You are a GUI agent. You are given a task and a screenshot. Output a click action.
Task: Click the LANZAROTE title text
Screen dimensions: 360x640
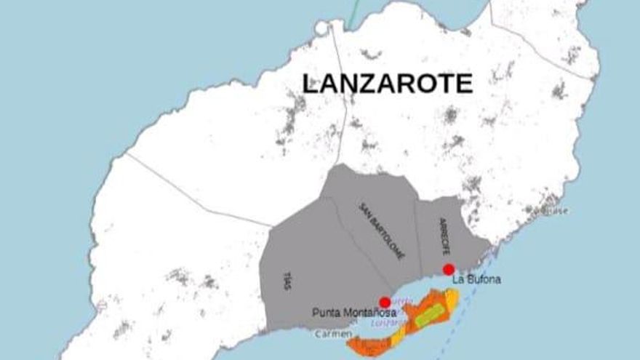click(387, 83)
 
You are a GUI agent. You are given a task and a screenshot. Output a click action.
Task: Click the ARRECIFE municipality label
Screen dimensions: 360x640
click(446, 236)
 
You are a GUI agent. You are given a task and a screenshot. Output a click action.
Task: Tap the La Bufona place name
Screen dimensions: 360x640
click(476, 279)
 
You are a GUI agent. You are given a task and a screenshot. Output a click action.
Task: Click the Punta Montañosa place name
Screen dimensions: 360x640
click(354, 313)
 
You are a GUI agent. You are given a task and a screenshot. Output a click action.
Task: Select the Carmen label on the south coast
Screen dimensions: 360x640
click(328, 335)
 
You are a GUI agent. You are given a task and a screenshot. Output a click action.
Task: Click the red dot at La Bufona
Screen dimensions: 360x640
click(449, 269)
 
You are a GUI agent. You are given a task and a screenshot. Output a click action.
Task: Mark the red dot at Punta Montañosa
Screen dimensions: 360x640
click(385, 303)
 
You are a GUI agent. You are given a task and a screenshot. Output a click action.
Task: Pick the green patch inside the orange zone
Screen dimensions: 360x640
click(430, 314)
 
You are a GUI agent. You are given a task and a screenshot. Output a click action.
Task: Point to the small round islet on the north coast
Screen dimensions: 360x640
click(322, 28)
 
